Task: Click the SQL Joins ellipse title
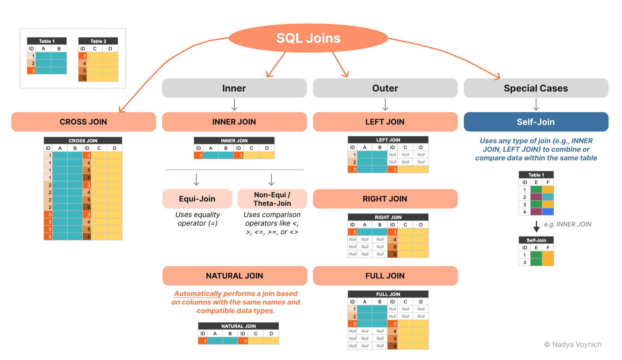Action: (308, 38)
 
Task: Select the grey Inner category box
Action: (234, 88)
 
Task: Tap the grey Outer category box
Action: (385, 88)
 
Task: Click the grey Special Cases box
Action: (536, 88)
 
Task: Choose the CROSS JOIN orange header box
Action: (83, 122)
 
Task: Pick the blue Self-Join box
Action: (536, 122)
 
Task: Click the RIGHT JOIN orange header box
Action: (385, 199)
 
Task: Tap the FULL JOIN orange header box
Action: (385, 276)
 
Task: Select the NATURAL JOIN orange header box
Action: (234, 276)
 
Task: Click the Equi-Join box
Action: (197, 199)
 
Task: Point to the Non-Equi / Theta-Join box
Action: (272, 199)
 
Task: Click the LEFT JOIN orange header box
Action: (385, 122)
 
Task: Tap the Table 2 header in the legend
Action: (98, 41)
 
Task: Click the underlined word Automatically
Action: (197, 294)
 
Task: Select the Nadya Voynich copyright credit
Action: (573, 344)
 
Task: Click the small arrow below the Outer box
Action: (385, 105)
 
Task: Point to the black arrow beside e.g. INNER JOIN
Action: (536, 226)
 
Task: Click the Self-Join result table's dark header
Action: (536, 240)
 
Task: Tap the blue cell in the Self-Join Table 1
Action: (548, 212)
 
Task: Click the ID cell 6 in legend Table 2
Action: (83, 78)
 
